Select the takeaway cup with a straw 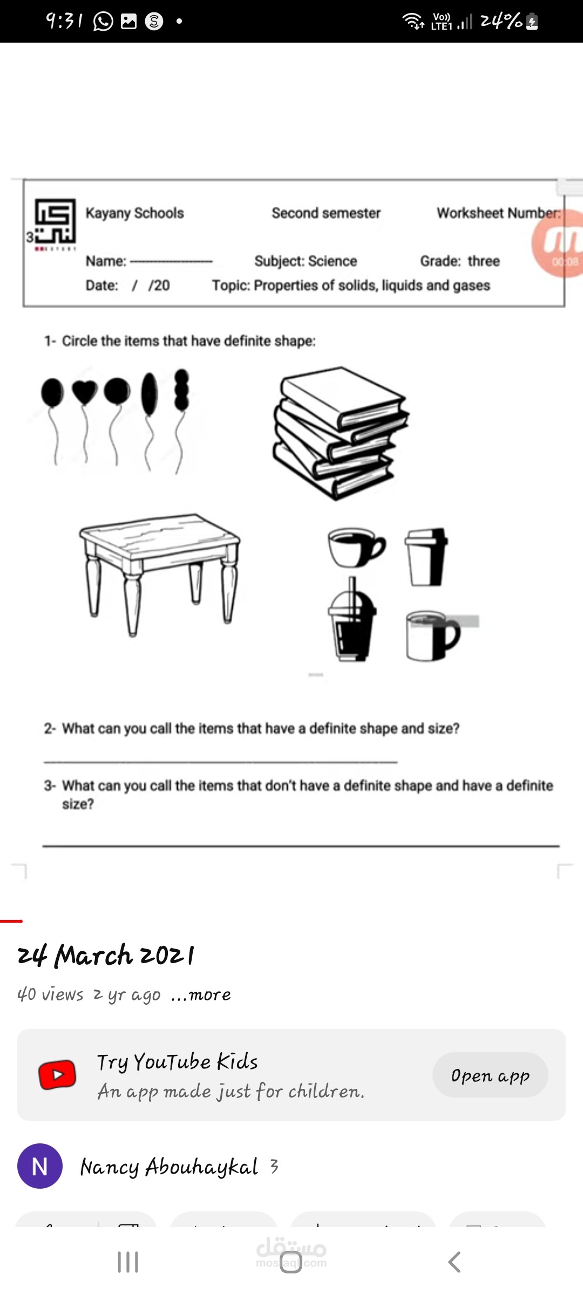pos(352,621)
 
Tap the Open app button pos(490,1075)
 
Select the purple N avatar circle pos(40,1166)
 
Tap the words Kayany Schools pos(134,213)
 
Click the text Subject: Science pos(306,261)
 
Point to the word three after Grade pos(484,261)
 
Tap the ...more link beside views pos(201,994)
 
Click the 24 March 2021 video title pos(106,955)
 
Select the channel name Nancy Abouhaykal pos(169,1167)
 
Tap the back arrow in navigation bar pos(455,1262)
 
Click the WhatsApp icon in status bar pos(103,22)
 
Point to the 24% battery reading pos(501,22)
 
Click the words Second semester pos(326,213)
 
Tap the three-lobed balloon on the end pos(182,390)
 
